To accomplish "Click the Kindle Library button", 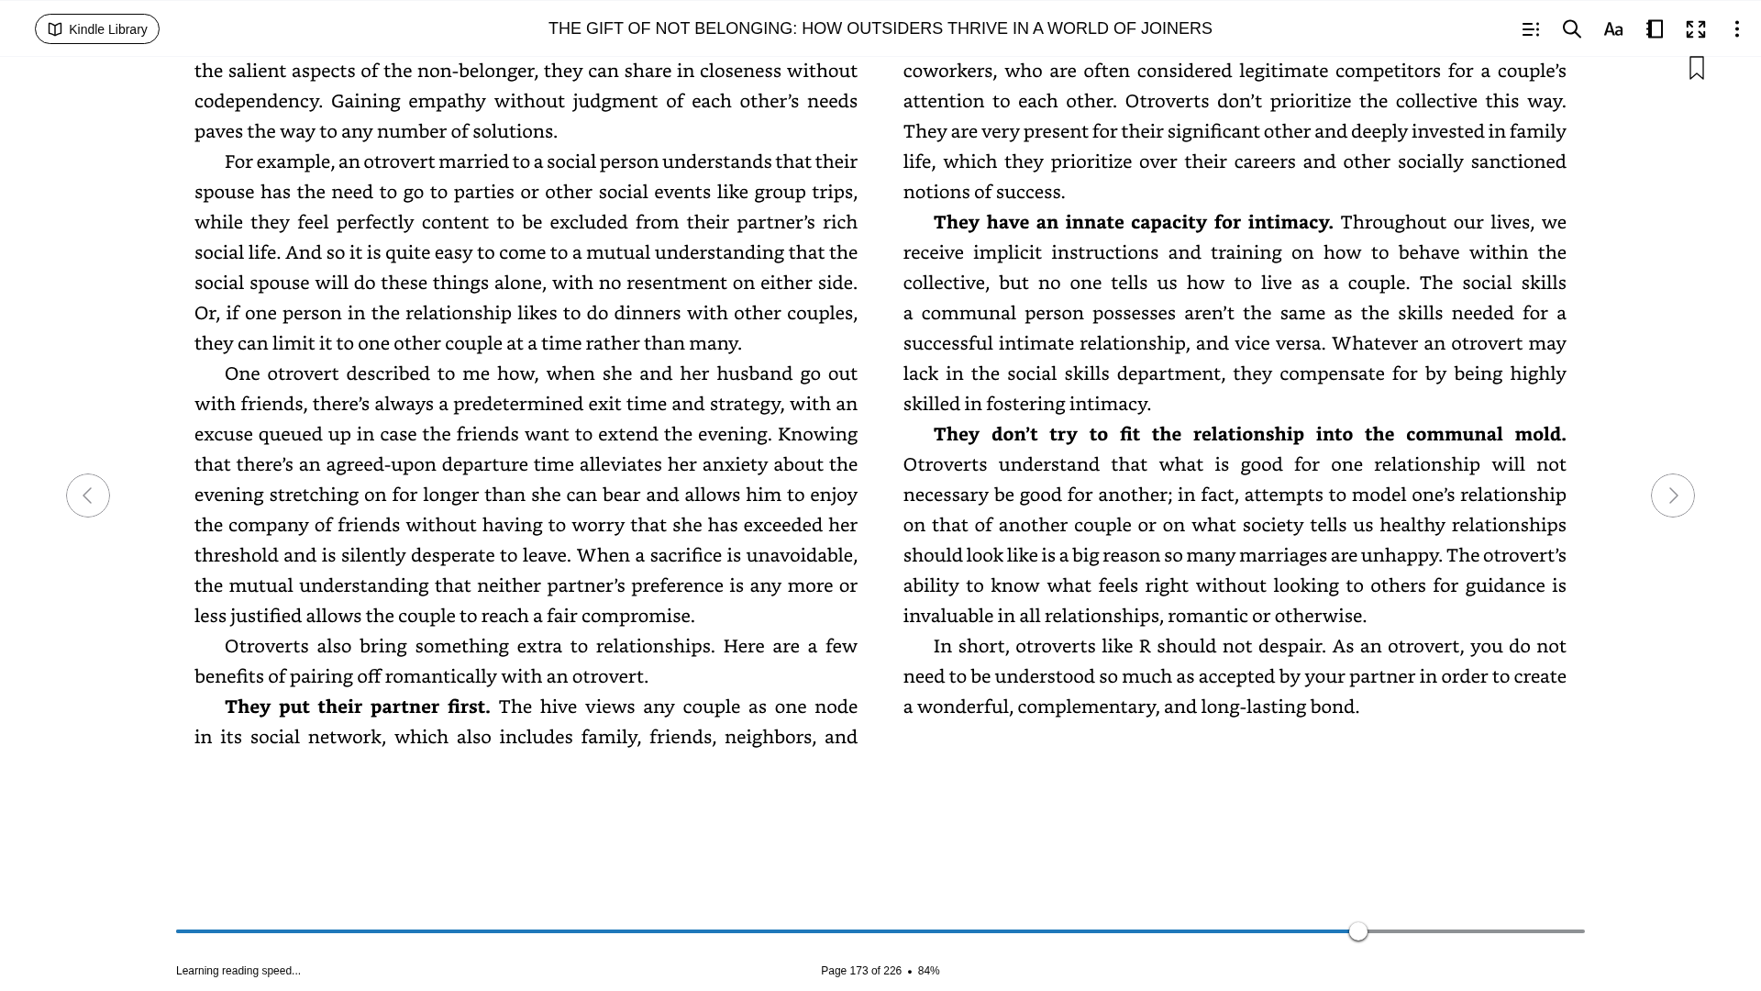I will tap(97, 29).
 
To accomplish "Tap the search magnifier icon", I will tap(1572, 29).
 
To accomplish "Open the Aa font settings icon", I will tap(1613, 29).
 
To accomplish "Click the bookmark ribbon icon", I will tap(1697, 68).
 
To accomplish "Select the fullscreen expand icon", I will tap(1696, 29).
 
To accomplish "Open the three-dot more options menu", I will tap(1736, 29).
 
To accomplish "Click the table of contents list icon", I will tap(1531, 29).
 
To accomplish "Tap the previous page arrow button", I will tap(88, 495).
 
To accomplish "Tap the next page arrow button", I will tap(1672, 495).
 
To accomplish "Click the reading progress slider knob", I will tap(1358, 931).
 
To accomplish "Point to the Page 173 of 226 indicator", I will tap(860, 971).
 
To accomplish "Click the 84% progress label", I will tap(928, 971).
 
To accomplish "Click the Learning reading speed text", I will tap(238, 971).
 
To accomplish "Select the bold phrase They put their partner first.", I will tap(358, 707).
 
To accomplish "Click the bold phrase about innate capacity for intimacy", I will tap(1133, 222).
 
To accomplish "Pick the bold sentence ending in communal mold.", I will tap(1249, 434).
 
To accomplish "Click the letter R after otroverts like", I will tap(1145, 646).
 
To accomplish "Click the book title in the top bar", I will tap(880, 28).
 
